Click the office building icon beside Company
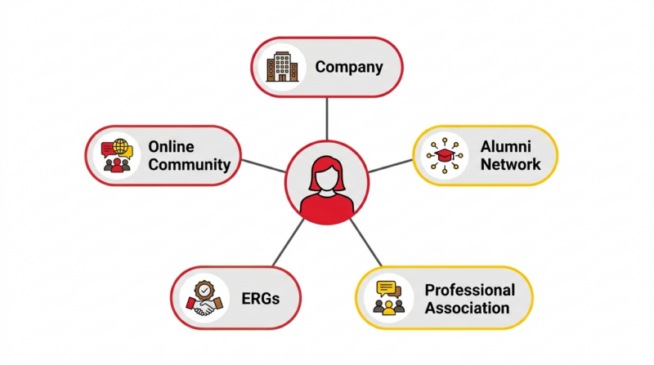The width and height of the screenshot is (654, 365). pos(283,67)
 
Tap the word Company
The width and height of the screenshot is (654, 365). pos(349,67)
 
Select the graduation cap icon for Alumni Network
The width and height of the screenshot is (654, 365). pos(444,155)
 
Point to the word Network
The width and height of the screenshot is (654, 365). pos(510,164)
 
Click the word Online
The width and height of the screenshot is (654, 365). pos(172,147)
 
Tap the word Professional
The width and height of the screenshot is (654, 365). pos(469,290)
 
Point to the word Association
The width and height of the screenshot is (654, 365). pos(467,308)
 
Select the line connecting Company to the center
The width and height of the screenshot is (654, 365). pos(327,118)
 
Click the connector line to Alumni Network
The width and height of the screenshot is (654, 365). pos(391,166)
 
